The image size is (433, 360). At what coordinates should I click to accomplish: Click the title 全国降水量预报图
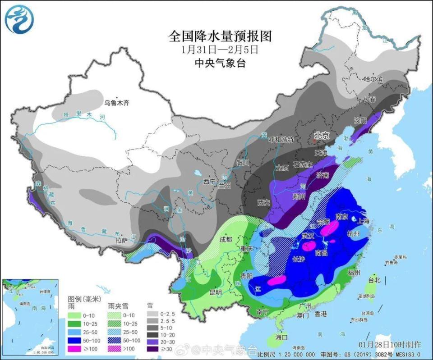click(x=220, y=35)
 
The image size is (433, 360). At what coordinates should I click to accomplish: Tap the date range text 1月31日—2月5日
click(x=220, y=49)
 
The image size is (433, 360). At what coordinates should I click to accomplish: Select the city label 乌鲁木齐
click(x=117, y=103)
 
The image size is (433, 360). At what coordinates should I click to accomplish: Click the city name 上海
click(x=364, y=221)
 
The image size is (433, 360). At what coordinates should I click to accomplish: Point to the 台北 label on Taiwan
click(x=374, y=280)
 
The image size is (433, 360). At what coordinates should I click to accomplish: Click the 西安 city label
click(x=264, y=202)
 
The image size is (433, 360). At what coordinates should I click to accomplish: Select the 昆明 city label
click(x=216, y=292)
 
